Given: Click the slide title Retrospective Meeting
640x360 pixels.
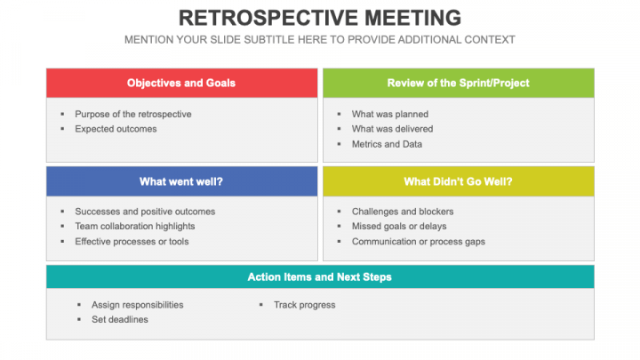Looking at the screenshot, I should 320,18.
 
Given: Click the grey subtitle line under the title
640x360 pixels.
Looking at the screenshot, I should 320,40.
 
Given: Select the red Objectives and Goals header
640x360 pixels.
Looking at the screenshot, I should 181,83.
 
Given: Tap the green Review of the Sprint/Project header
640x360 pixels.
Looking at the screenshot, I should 458,83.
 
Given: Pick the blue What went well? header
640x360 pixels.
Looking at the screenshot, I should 181,181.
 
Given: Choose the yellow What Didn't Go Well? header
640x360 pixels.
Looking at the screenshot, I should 458,181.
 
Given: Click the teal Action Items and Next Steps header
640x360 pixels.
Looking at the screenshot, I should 320,276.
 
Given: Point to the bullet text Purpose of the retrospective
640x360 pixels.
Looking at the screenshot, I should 132,114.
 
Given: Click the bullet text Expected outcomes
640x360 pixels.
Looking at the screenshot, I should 116,129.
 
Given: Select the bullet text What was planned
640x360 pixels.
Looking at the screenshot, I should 389,114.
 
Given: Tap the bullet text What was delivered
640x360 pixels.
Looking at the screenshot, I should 392,129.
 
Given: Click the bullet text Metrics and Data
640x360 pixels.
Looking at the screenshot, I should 387,144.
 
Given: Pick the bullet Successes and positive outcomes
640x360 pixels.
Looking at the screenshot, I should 145,212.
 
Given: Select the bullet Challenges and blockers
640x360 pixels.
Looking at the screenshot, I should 403,212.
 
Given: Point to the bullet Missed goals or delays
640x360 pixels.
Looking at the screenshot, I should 399,227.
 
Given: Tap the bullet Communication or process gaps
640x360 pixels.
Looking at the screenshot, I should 418,242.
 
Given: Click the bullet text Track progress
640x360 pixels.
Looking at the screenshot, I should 304,305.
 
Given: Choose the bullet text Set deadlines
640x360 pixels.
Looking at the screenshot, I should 120,320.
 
